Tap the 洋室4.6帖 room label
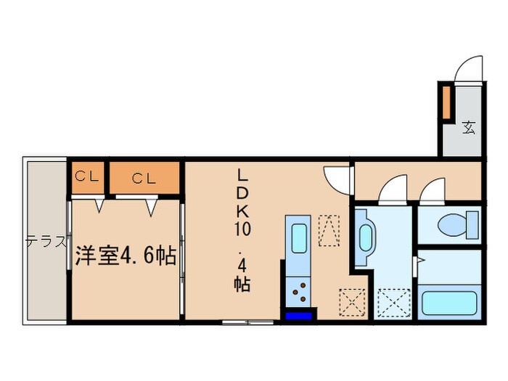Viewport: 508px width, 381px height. [124, 256]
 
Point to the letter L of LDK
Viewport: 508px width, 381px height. [242, 176]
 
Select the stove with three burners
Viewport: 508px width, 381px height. [298, 293]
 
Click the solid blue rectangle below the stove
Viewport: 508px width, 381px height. [299, 315]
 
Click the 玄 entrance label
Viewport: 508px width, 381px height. [469, 128]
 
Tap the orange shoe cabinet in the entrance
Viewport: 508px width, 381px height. [447, 102]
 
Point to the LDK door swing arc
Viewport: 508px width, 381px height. [337, 176]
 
